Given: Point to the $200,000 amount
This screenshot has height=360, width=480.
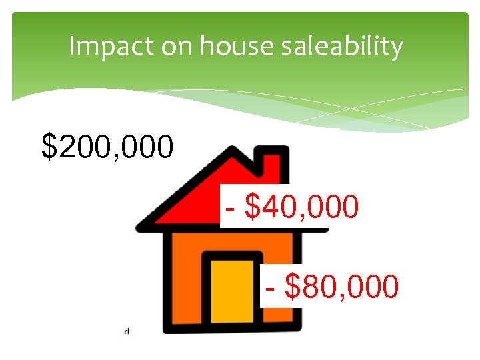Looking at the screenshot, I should tap(107, 146).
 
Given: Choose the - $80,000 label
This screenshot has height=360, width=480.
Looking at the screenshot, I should tap(331, 286).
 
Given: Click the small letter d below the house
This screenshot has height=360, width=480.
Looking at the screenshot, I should tap(127, 330).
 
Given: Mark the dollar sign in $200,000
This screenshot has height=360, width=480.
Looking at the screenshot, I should tap(49, 146).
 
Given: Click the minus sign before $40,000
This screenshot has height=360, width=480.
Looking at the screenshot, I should tap(230, 208).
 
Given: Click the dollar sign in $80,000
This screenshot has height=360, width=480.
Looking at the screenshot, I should tap(292, 286).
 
